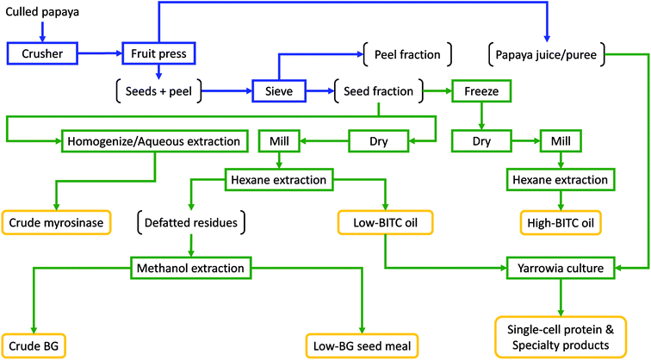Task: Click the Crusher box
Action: coord(41,53)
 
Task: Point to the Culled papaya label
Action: coord(42,12)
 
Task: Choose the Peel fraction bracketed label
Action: coord(407,54)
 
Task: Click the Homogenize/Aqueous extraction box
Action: coord(154,139)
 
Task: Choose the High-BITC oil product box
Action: coord(561,222)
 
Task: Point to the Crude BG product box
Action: coord(32,346)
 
